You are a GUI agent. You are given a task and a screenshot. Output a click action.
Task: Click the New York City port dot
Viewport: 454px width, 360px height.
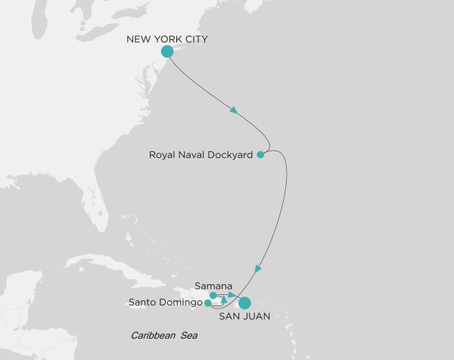(x=168, y=51)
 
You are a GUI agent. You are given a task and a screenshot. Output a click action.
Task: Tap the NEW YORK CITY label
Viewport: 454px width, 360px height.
(x=167, y=38)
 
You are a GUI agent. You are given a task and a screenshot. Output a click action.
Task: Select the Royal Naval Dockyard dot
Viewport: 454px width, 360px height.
(x=260, y=155)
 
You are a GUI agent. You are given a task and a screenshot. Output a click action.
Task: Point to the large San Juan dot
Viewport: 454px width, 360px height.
(x=244, y=303)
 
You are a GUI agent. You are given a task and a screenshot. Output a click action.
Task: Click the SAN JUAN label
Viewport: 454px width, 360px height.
(x=244, y=318)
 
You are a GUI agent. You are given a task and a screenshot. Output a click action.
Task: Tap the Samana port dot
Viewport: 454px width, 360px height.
(x=213, y=295)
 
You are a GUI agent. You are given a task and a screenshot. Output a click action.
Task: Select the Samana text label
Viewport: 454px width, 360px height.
(x=209, y=284)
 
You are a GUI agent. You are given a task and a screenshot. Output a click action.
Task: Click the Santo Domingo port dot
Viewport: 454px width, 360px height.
(x=208, y=303)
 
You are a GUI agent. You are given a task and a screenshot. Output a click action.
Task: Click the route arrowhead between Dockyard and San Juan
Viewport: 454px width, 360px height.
(x=259, y=268)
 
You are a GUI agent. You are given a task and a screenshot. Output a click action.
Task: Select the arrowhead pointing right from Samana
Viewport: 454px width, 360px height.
(x=232, y=295)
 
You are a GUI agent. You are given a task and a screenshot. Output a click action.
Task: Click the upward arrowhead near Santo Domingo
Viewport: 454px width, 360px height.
(x=224, y=300)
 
